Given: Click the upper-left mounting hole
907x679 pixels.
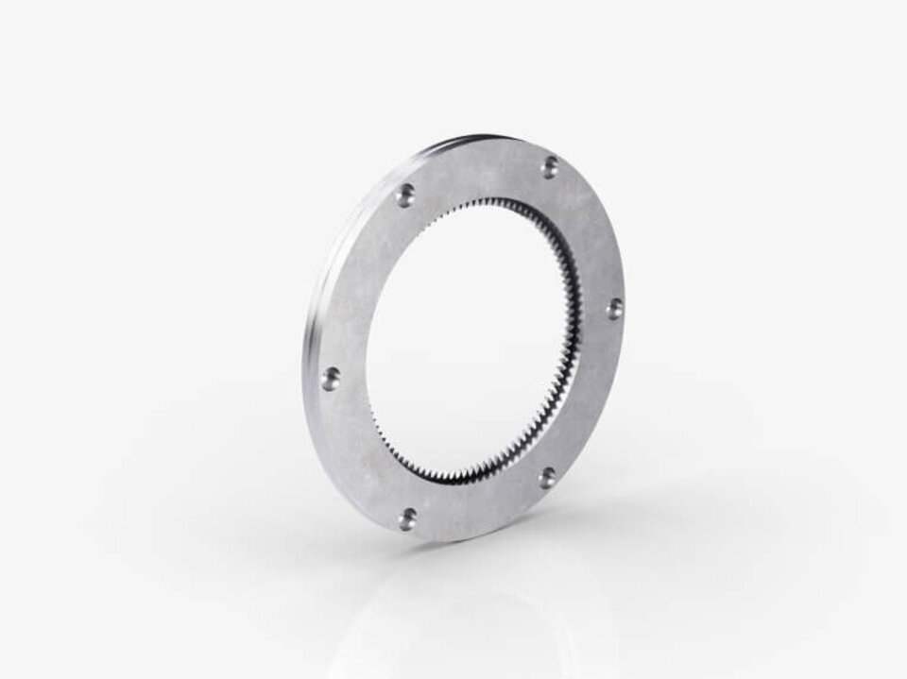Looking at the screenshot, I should click(405, 195).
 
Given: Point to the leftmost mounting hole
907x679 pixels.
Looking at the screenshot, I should click(330, 379).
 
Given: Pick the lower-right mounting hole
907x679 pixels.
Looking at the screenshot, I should click(546, 478).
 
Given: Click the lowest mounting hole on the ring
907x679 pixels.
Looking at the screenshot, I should click(408, 517).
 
